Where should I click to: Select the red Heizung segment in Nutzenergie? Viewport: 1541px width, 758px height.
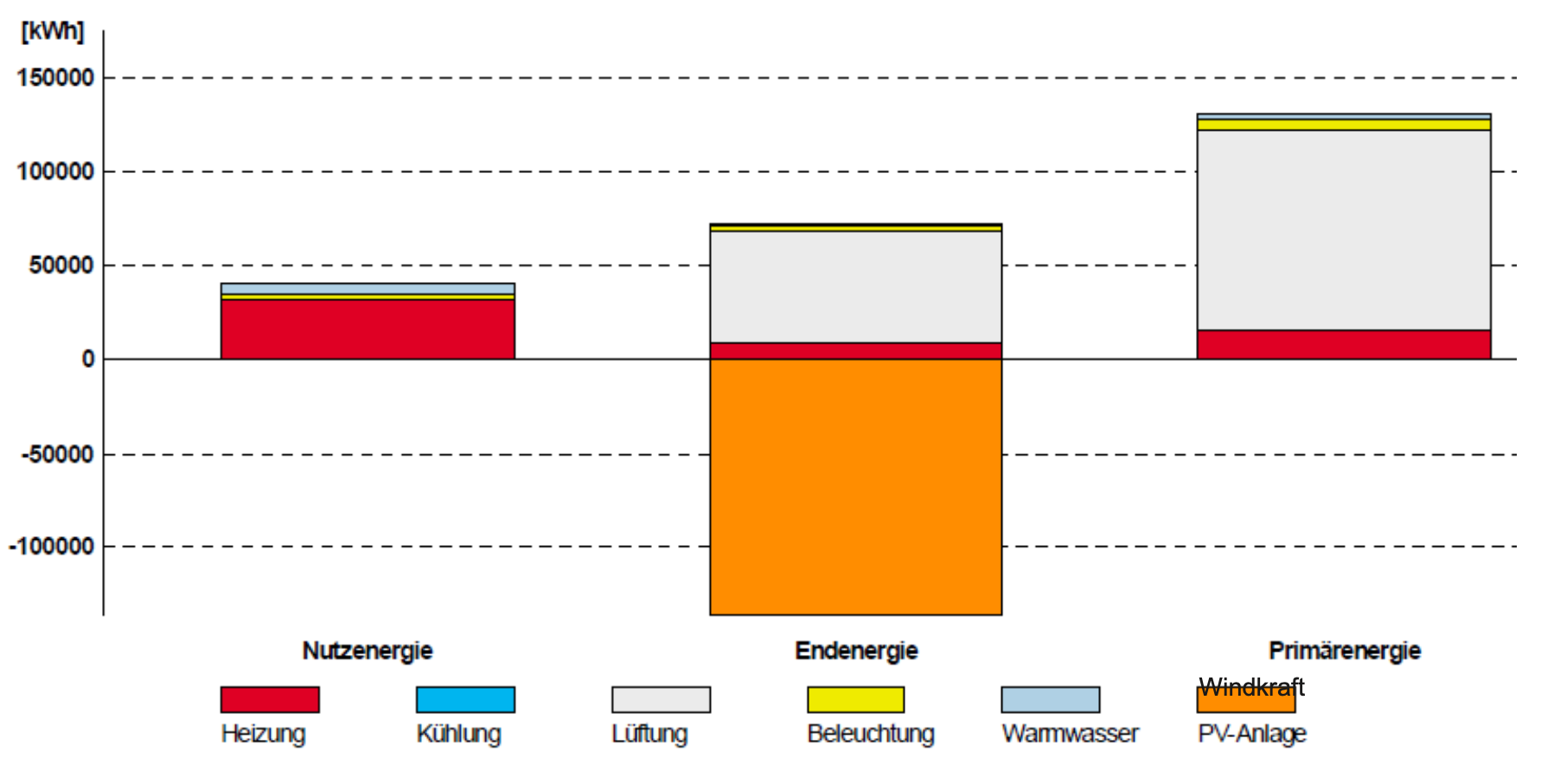[x=368, y=329]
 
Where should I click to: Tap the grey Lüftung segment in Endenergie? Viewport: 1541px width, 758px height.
[x=855, y=286]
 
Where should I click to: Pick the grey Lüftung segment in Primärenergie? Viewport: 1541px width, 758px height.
[x=1344, y=229]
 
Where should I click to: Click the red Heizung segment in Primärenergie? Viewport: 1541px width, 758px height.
[x=1344, y=344]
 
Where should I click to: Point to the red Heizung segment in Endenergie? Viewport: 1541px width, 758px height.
[x=855, y=350]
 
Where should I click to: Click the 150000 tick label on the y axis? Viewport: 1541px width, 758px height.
[x=55, y=78]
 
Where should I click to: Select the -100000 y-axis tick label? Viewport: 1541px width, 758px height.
[x=52, y=547]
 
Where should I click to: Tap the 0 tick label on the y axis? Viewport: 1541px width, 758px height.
[x=87, y=359]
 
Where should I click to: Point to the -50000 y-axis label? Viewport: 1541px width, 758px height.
[x=57, y=454]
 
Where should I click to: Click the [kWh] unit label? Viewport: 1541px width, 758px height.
[x=53, y=31]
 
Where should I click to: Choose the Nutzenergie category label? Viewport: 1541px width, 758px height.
[x=368, y=651]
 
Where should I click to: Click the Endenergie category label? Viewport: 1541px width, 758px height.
[x=856, y=651]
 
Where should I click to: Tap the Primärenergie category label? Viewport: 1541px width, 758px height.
[x=1345, y=651]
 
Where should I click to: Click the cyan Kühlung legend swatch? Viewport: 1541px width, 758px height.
[x=465, y=699]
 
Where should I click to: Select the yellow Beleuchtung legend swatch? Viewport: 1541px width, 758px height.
[x=855, y=699]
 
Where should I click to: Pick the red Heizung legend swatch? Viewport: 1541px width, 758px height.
[x=270, y=699]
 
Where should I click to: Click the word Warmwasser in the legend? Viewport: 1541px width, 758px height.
[x=1070, y=734]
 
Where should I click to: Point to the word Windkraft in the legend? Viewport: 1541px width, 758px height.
[x=1251, y=687]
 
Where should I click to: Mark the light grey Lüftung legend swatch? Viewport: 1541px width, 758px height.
[x=661, y=699]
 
